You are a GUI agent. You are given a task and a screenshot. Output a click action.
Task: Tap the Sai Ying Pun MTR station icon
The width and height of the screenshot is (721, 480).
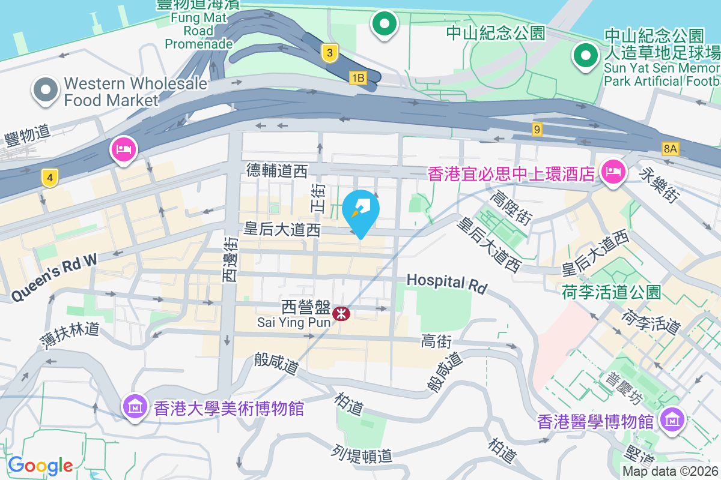point(341,313)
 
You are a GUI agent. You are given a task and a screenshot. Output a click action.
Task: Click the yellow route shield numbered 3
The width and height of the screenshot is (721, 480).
point(328,53)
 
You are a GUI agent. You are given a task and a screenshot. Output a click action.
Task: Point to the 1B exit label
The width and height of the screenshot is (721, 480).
point(358,77)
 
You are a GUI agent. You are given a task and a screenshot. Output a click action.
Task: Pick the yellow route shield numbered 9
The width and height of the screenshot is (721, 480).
point(537,128)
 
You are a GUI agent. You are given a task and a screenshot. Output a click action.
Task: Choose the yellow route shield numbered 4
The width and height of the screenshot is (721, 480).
point(50,177)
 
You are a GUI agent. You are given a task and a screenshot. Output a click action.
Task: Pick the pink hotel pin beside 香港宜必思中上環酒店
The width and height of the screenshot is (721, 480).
point(613,172)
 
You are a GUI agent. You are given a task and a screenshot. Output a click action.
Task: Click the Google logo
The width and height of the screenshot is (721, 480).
point(40,465)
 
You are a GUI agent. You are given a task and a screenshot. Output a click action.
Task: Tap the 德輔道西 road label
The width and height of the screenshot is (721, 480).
point(277,171)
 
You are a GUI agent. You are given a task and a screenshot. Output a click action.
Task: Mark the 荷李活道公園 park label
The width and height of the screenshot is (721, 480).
point(612,292)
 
